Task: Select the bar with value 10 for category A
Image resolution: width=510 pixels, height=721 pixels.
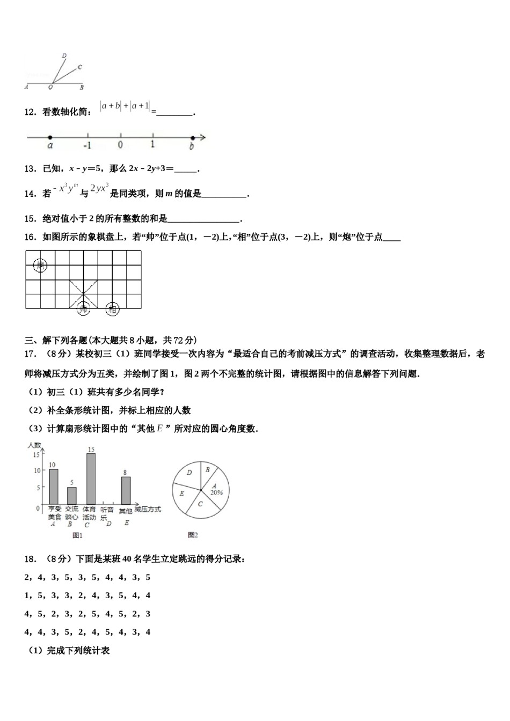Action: click(x=54, y=487)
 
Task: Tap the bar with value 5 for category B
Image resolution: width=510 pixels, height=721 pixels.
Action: click(x=71, y=495)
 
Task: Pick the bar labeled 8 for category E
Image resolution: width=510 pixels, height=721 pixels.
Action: click(x=126, y=490)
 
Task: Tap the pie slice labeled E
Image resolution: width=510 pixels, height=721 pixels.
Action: click(x=182, y=494)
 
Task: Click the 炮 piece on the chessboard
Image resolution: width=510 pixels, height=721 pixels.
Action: click(x=40, y=265)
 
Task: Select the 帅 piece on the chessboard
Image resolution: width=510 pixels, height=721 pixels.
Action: click(x=83, y=308)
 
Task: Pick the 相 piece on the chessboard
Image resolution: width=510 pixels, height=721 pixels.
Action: click(x=112, y=308)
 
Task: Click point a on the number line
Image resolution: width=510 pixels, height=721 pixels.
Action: click(x=50, y=138)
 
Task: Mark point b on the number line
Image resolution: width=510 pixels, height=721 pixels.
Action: click(x=192, y=138)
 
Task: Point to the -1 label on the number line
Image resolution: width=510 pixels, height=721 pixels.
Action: click(x=87, y=145)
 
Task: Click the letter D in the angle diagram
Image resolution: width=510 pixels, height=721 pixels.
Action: click(x=64, y=55)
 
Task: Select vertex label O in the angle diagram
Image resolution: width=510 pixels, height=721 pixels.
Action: click(x=50, y=87)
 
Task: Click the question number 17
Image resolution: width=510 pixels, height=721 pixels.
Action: click(x=30, y=354)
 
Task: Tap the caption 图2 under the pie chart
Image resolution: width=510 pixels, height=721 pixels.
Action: click(x=193, y=535)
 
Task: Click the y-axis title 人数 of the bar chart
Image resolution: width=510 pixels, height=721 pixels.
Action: click(x=34, y=445)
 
